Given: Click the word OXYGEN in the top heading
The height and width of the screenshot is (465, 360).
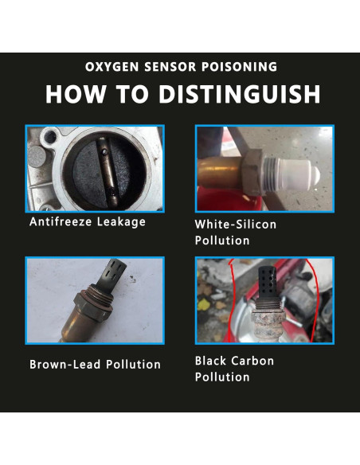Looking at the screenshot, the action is click(112, 67).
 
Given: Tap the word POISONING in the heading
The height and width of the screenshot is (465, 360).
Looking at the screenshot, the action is click(240, 67).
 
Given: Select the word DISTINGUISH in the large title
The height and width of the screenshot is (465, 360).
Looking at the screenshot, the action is click(240, 94).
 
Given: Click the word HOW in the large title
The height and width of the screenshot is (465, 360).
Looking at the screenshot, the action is click(76, 94).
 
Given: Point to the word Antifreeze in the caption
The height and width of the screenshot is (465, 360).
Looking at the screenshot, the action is click(61, 221).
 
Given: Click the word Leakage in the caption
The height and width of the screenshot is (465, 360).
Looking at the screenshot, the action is click(121, 222).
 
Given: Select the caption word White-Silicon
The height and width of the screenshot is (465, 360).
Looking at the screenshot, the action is click(236, 225).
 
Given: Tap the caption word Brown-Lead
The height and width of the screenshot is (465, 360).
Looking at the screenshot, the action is click(65, 364).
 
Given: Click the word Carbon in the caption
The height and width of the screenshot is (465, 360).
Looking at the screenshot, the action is click(252, 361).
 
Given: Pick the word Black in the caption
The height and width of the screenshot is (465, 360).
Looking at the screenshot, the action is click(210, 361).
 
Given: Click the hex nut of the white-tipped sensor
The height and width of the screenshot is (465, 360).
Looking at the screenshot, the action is click(253, 172).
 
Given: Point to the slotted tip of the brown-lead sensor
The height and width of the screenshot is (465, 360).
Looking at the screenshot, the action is click(113, 274).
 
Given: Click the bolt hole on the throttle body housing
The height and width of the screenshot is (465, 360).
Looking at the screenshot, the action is click(51, 136).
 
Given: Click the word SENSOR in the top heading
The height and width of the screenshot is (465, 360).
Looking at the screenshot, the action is click(170, 67).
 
